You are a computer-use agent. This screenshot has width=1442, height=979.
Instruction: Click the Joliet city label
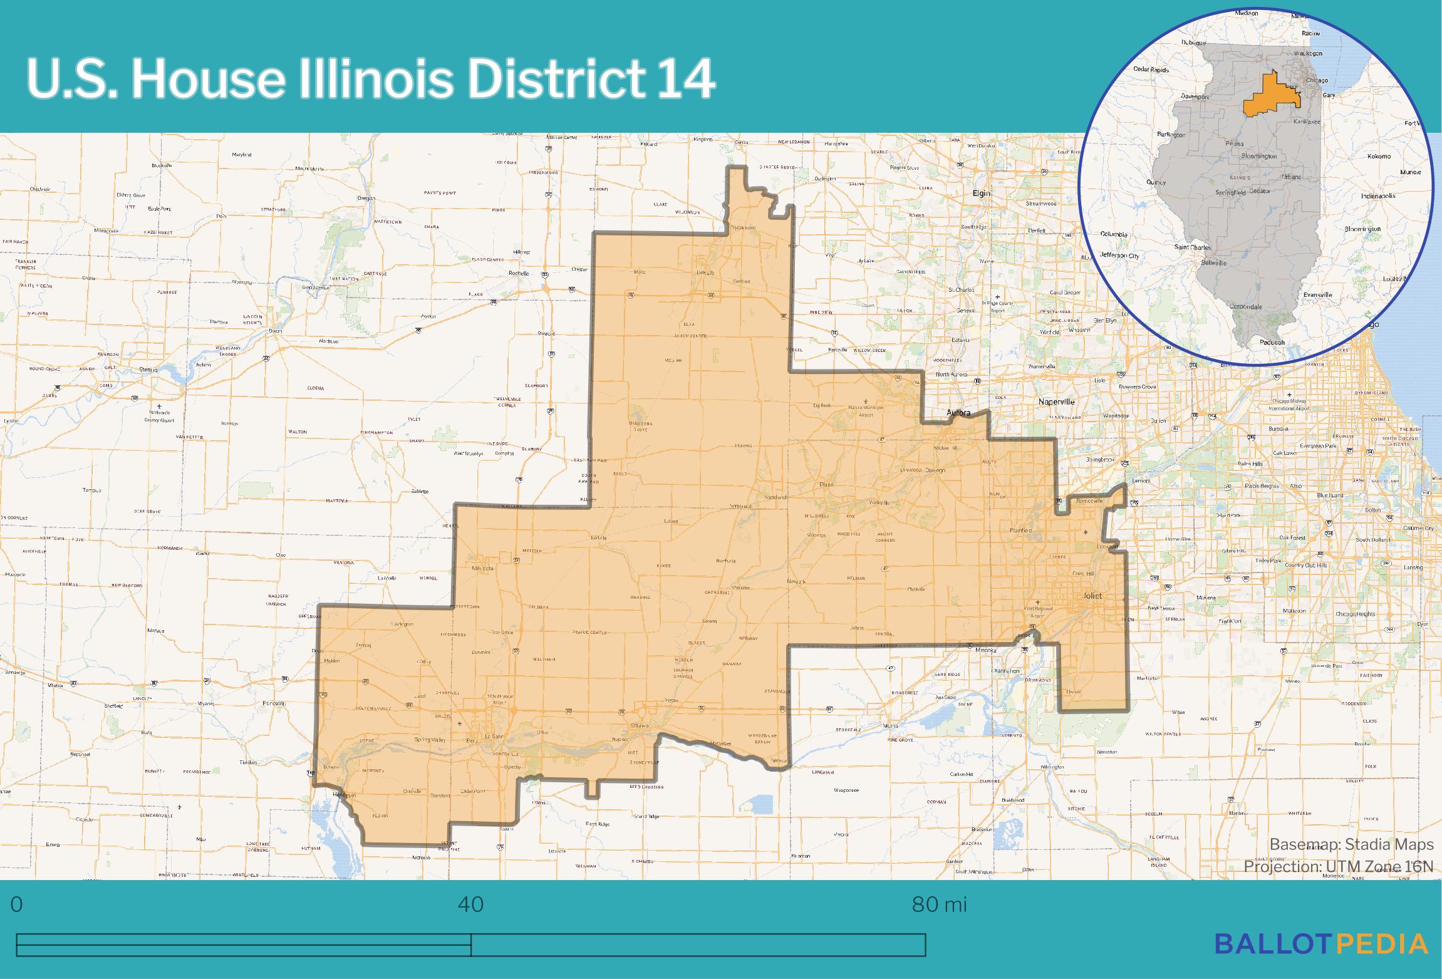(x=1092, y=596)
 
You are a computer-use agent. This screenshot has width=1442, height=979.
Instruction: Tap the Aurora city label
(x=958, y=413)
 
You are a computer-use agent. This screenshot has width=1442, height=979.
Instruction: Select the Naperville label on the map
(x=1056, y=401)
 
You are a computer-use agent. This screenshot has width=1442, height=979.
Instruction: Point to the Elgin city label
(x=981, y=194)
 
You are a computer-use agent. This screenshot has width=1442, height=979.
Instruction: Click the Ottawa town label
(x=640, y=726)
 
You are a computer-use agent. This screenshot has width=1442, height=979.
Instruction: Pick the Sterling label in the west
(x=148, y=370)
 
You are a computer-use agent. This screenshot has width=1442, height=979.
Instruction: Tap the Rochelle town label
(x=519, y=274)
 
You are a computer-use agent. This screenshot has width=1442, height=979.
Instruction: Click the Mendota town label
(x=483, y=568)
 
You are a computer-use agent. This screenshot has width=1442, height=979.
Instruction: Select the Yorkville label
(x=879, y=503)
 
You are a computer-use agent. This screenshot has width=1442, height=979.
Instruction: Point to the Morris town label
(x=890, y=726)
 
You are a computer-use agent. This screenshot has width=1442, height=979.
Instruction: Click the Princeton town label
(x=274, y=703)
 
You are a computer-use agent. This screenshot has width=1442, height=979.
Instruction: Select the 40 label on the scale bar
(x=470, y=904)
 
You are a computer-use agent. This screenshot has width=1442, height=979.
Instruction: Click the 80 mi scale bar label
(x=939, y=904)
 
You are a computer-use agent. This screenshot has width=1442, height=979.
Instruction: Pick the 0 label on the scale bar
(x=17, y=904)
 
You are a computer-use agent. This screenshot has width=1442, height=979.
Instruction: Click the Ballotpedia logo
(x=1321, y=944)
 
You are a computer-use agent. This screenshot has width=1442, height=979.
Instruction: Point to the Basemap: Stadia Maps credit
(x=1351, y=844)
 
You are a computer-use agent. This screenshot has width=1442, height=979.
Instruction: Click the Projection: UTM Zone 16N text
(x=1338, y=866)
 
